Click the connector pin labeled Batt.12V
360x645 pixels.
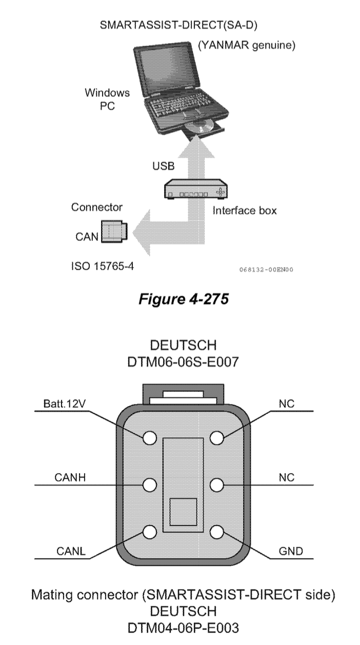coord(150,438)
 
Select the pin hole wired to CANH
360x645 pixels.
coord(150,485)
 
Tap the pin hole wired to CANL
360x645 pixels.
coord(150,532)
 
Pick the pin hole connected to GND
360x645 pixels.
coord(217,532)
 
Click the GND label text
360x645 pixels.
coord(291,551)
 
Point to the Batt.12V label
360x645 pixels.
coord(65,404)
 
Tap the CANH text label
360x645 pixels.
coord(70,477)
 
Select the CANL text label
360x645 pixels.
coord(71,551)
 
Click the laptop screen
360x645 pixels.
coord(168,69)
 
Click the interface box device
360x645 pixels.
coord(196,189)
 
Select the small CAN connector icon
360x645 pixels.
coord(114,232)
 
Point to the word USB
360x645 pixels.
coord(163,166)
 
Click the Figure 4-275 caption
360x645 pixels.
coord(184,299)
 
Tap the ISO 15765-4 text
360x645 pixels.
coord(103,266)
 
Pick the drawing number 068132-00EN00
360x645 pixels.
coord(266,270)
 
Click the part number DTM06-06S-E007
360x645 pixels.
coord(183,362)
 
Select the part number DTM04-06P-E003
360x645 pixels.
coord(183,628)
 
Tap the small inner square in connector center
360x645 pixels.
coord(183,512)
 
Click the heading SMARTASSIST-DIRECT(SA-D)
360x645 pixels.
coord(178,25)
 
